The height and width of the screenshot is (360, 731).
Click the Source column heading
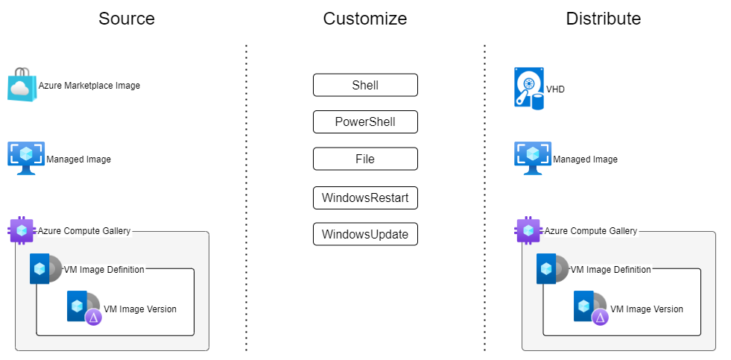pos(126,19)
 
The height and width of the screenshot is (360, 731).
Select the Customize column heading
pos(364,19)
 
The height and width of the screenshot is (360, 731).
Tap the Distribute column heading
pos(603,19)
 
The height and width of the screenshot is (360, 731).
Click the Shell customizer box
pos(365,85)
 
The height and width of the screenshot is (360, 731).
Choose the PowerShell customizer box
pos(365,121)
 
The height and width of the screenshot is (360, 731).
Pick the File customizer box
pos(365,159)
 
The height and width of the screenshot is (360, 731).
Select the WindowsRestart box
pos(365,198)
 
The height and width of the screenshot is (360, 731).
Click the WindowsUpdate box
pos(365,234)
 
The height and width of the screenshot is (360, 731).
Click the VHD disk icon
pos(529,88)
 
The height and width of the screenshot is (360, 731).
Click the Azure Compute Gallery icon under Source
pos(22,230)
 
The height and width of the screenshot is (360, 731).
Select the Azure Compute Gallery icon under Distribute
pos(529,230)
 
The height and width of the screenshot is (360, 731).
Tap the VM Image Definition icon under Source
pos(45,269)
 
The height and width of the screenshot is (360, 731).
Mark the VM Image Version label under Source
pos(140,309)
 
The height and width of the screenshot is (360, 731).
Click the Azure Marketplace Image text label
pos(89,86)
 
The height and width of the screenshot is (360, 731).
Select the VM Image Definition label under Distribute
pos(610,269)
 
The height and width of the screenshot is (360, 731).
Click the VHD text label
pos(555,89)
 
